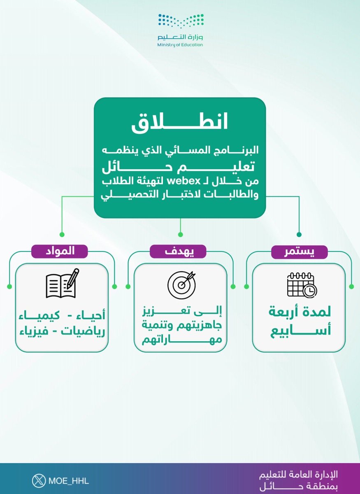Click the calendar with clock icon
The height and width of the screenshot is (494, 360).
[301, 284]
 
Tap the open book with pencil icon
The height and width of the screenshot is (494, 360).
[62, 283]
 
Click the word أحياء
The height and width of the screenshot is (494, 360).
[91, 316]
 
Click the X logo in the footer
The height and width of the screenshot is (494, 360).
[39, 481]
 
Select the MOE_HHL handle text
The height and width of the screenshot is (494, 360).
[68, 481]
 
